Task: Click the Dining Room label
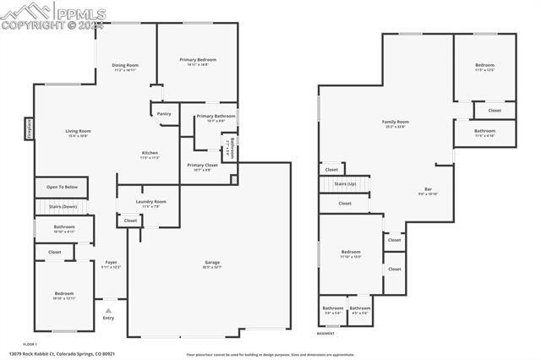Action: (x=126, y=65)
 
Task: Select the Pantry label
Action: (x=164, y=113)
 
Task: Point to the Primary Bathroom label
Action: (x=216, y=116)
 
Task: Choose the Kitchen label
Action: (x=150, y=153)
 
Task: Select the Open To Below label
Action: (x=62, y=187)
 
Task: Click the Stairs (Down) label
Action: (x=62, y=206)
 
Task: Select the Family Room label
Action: (x=395, y=122)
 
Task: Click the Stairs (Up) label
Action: (x=344, y=183)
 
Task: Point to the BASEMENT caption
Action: (x=325, y=334)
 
